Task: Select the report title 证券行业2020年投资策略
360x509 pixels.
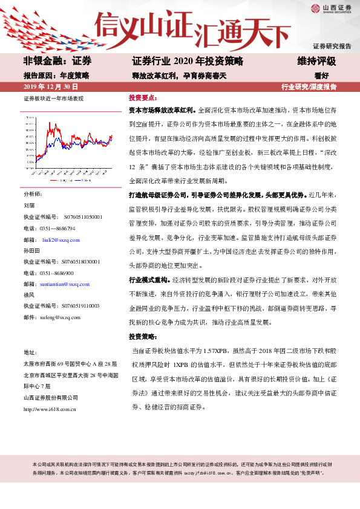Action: (x=187, y=61)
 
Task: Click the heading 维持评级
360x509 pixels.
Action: (x=316, y=61)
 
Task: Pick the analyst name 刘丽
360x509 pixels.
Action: (x=29, y=206)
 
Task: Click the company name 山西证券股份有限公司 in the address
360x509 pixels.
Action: (x=51, y=397)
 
